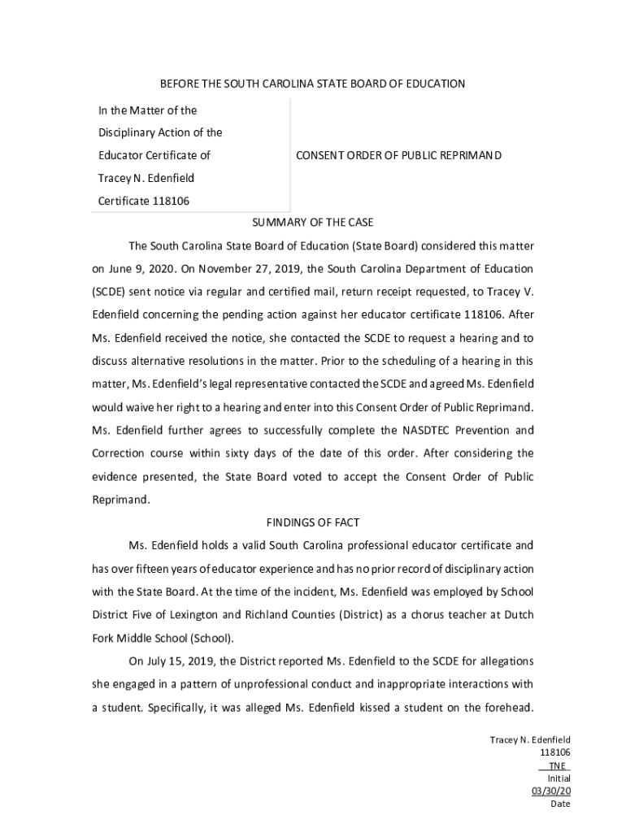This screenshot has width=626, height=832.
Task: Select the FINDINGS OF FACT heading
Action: point(312,522)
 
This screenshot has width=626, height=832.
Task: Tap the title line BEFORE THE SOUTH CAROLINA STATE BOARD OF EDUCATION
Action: point(312,84)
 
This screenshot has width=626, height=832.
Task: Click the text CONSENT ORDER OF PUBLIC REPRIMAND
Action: point(398,155)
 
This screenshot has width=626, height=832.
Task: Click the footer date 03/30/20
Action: point(551,791)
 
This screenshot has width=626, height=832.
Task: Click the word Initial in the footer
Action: point(559,778)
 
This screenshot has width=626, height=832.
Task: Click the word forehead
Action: point(506,707)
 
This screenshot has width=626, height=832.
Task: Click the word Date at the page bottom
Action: point(560,804)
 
